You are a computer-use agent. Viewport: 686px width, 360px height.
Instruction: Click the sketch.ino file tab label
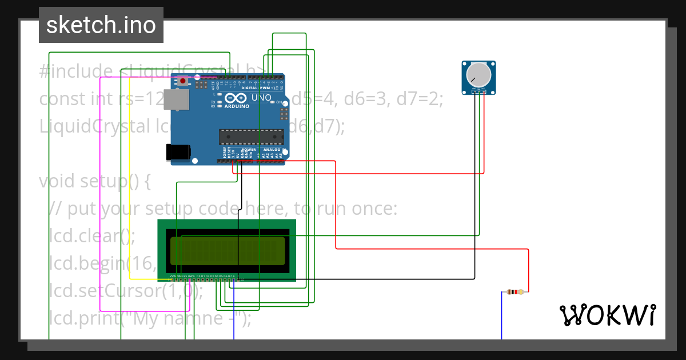(101, 25)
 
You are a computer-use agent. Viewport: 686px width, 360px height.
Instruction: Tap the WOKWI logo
(607, 315)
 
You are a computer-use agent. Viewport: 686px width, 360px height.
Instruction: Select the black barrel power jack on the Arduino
(177, 151)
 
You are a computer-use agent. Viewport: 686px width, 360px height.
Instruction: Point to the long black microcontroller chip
(252, 137)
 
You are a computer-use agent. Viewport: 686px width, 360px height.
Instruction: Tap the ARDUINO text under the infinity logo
(236, 106)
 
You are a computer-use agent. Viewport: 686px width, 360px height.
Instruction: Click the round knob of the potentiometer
(478, 75)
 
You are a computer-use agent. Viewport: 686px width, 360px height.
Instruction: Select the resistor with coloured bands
(514, 292)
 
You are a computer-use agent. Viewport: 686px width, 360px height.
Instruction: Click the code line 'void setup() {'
(95, 181)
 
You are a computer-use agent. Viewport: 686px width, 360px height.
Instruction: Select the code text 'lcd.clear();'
(92, 236)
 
